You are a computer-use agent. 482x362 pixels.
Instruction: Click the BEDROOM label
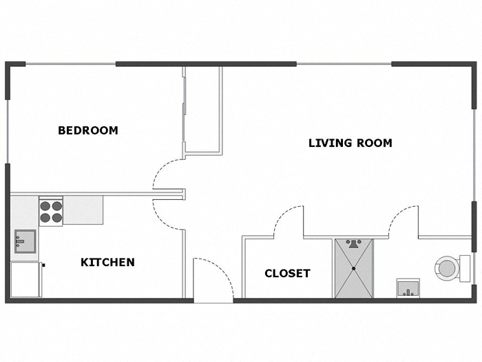click(x=87, y=130)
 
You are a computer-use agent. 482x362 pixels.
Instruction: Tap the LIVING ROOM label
click(x=350, y=143)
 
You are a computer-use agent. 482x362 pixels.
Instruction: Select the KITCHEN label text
click(x=107, y=262)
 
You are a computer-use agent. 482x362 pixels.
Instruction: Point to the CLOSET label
click(x=287, y=274)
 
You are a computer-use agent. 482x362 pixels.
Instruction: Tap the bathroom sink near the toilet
click(x=408, y=288)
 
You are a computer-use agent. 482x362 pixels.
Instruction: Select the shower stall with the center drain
click(x=354, y=268)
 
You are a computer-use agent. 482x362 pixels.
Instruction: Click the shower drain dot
click(x=354, y=268)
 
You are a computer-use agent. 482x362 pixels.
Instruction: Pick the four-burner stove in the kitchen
click(x=51, y=211)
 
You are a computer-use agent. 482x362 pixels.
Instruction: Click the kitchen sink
click(x=24, y=241)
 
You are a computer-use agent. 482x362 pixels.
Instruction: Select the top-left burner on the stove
click(x=45, y=205)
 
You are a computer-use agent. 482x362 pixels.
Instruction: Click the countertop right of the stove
click(x=83, y=210)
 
